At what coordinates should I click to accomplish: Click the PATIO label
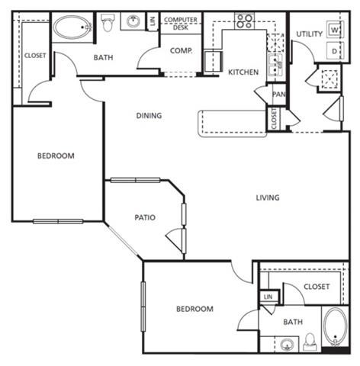pyautogui.click(x=145, y=218)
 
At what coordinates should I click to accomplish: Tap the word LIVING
pyautogui.click(x=268, y=198)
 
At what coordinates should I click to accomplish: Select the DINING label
pyautogui.click(x=149, y=116)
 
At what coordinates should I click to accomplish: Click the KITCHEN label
pyautogui.click(x=243, y=72)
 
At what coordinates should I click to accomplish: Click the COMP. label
pyautogui.click(x=181, y=51)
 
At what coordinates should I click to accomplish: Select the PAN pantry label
pyautogui.click(x=279, y=95)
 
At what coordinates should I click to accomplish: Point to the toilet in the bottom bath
pyautogui.click(x=310, y=339)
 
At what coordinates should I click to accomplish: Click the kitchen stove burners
pyautogui.click(x=244, y=21)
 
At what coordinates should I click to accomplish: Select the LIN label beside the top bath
pyautogui.click(x=153, y=21)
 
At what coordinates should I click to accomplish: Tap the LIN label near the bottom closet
pyautogui.click(x=268, y=297)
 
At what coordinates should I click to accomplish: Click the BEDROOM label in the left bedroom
pyautogui.click(x=56, y=156)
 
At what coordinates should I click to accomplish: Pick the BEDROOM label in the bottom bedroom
pyautogui.click(x=194, y=309)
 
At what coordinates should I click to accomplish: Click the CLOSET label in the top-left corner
pyautogui.click(x=34, y=55)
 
